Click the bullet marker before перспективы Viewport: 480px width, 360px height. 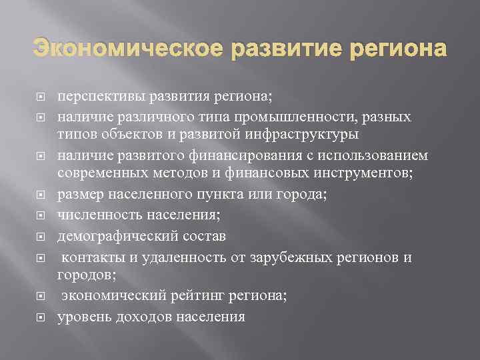pyautogui.click(x=40, y=97)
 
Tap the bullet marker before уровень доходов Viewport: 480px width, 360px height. pyautogui.click(x=40, y=318)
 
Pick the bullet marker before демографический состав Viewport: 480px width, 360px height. pyautogui.click(x=40, y=236)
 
